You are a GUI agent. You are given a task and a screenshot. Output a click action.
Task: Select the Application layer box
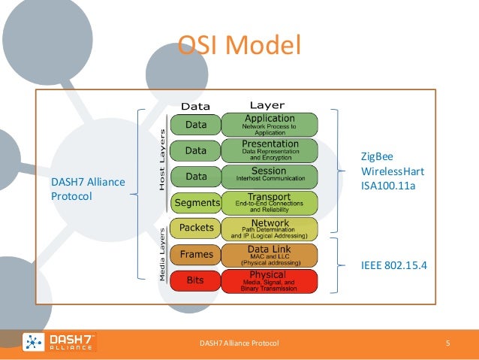[x=271, y=124]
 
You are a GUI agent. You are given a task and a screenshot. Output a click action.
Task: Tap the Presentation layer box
[x=271, y=150]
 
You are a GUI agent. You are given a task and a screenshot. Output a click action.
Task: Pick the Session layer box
[x=271, y=176]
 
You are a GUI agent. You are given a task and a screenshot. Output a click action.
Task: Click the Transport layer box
[x=271, y=202]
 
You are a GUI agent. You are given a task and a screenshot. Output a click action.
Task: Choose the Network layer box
[x=271, y=228]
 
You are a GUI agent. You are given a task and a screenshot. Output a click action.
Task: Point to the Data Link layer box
[x=271, y=255]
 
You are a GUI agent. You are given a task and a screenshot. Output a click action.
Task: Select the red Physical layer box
[x=271, y=281]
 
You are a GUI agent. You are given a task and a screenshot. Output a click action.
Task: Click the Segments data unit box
[x=196, y=202]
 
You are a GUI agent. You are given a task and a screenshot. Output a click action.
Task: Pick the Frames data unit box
[x=196, y=255]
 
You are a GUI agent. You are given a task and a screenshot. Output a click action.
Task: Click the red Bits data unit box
[x=196, y=281]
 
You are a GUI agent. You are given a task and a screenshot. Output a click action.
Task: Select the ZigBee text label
[x=377, y=156]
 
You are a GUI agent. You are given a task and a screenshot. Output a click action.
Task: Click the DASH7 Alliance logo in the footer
[x=59, y=343]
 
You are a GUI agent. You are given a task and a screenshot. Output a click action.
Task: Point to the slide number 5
[x=447, y=343]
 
